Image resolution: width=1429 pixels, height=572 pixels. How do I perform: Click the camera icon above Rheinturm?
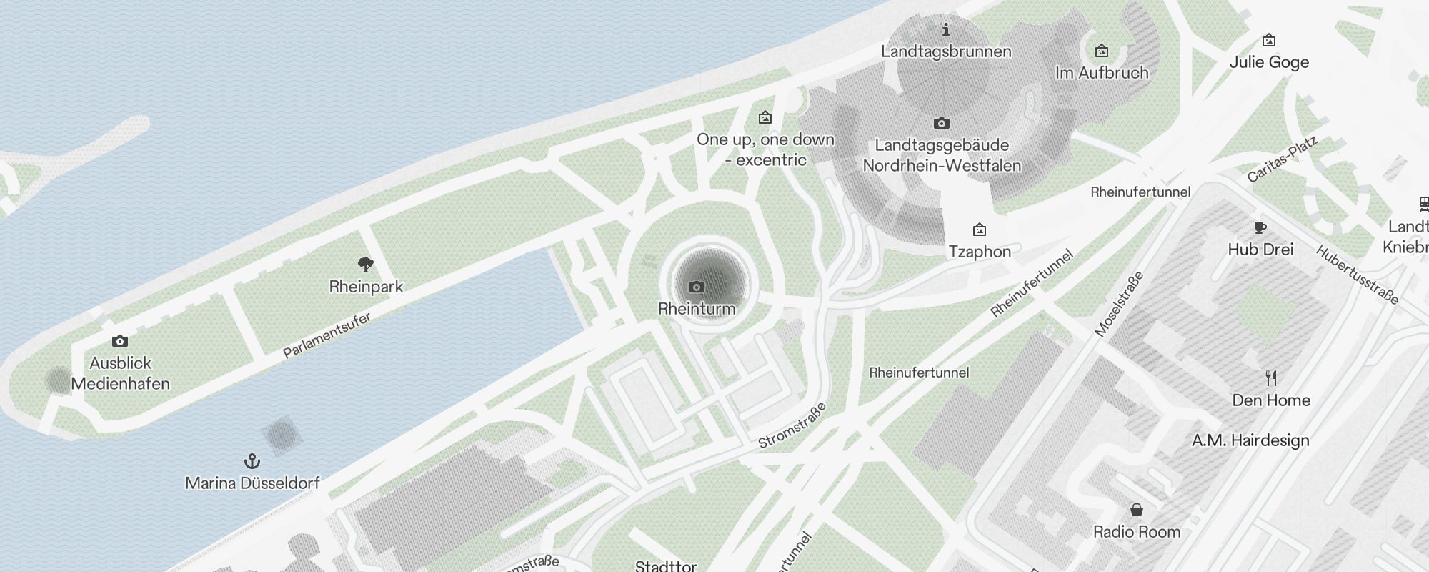click(697, 287)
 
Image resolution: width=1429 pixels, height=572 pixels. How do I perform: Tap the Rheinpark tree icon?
click(366, 265)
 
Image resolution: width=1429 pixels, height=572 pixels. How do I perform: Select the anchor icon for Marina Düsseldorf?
click(252, 461)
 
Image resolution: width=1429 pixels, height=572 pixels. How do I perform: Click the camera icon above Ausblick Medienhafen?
click(120, 342)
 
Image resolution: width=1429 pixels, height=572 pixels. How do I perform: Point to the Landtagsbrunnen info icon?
click(946, 30)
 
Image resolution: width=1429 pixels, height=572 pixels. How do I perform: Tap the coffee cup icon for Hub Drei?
click(1260, 228)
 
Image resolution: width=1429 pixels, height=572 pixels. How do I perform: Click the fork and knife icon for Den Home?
click(1270, 378)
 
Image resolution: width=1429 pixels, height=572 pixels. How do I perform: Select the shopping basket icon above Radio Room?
click(1136, 510)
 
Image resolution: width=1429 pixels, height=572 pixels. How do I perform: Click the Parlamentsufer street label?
click(327, 335)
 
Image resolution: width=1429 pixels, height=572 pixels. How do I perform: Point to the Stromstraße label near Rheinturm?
click(792, 425)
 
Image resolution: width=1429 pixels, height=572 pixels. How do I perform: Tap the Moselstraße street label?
click(1119, 304)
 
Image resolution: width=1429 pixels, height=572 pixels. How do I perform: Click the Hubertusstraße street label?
click(1357, 275)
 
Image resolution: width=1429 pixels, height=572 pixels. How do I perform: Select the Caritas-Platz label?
click(1282, 159)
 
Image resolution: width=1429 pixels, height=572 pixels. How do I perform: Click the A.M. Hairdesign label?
click(1250, 440)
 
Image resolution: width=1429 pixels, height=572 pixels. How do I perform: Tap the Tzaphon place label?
click(980, 252)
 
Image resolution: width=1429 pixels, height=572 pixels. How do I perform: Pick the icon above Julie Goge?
click(1269, 40)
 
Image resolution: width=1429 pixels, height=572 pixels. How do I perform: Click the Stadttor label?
click(666, 566)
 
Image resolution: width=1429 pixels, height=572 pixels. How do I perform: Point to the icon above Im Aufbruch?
click(1102, 51)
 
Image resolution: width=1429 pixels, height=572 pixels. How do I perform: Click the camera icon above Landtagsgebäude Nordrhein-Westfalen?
click(941, 124)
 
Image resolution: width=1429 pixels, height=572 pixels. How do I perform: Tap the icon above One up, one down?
click(765, 117)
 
